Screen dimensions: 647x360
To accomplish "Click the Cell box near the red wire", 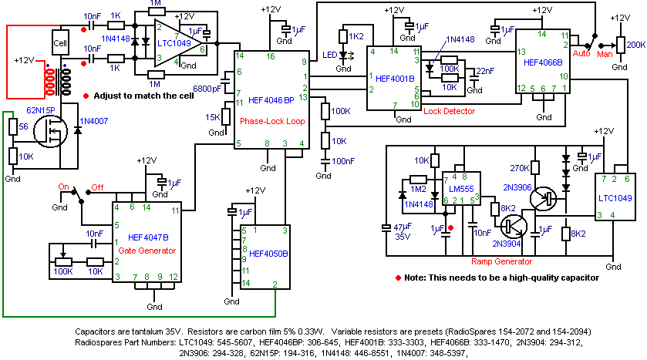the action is pos(60,42).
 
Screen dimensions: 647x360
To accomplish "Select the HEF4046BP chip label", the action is pos(271,100).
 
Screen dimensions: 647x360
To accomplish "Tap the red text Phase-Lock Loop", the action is pos(272,121).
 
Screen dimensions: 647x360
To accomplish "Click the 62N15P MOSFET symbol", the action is pos(50,131).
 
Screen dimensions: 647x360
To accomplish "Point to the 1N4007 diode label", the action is pos(93,121).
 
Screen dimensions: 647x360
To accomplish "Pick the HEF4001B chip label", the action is pos(395,79).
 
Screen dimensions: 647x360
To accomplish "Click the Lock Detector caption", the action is pos(449,111).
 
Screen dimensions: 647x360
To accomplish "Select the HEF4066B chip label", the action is pos(543,62).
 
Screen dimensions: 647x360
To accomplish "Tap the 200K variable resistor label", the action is pos(636,45).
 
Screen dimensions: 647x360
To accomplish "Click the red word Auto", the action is pos(581,54).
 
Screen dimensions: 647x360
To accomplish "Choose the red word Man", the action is pos(605,54).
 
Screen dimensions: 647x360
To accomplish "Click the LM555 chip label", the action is pos(461,190).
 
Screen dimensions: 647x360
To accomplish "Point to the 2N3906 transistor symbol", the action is pos(543,199).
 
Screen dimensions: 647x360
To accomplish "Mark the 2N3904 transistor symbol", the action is pos(514,226).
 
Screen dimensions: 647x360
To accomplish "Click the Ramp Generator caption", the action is pos(502,261).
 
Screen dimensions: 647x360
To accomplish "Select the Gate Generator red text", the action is pos(147,251).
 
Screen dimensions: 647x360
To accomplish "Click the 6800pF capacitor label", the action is pos(207,89).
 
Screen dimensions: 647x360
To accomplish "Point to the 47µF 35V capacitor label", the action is pos(403,232).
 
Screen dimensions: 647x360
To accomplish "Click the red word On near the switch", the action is pos(63,187).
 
